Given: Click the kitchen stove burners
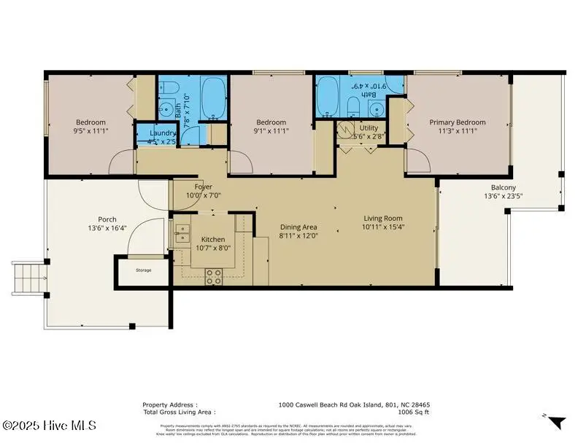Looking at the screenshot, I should tap(214, 276).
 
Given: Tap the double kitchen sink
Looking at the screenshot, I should tap(181, 234).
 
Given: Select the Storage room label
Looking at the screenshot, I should tap(144, 270).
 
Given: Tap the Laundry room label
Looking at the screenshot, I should tap(163, 133).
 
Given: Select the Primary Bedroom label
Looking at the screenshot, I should tap(457, 122).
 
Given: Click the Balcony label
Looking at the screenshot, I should tap(504, 187).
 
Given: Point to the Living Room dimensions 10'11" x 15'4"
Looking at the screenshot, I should tap(383, 227).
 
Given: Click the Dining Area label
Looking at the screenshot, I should tap(298, 227).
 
